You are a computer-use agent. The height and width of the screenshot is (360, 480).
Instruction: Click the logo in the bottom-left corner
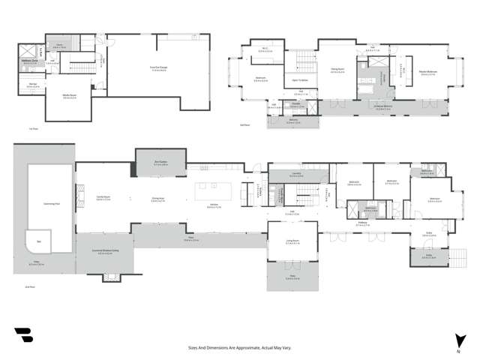tap(22, 334)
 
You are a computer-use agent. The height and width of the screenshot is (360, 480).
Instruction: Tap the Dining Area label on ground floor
tap(158, 199)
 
